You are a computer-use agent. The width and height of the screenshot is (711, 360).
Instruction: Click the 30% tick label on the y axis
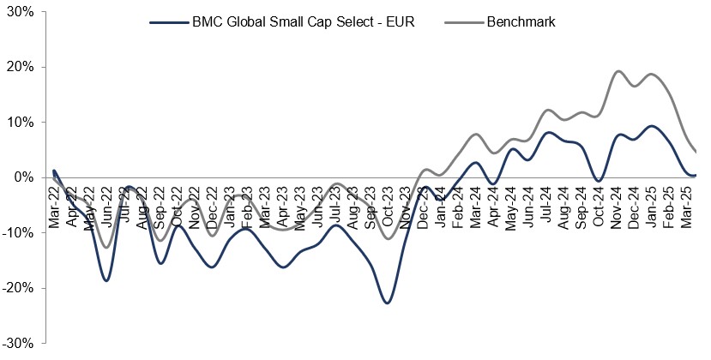20,12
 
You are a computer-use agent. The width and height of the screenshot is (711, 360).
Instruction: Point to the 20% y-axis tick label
20,67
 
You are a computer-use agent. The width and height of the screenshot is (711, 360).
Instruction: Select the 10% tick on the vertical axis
20,122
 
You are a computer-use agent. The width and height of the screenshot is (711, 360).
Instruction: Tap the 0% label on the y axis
23,177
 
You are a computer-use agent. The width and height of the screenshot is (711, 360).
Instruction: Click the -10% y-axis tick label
18,232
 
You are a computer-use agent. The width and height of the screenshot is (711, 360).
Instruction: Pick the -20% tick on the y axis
18,288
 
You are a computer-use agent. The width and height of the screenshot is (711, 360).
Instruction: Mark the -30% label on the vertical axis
18,343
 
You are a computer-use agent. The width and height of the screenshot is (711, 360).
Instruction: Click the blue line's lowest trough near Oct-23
388,303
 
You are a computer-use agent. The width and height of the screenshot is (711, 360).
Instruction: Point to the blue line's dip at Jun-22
106,280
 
